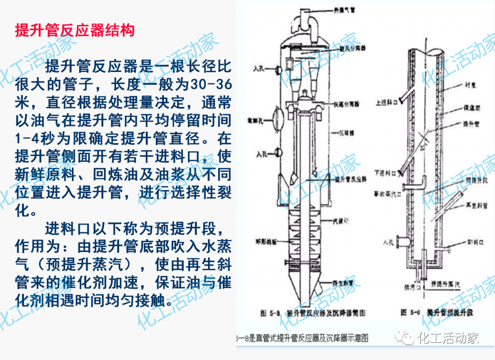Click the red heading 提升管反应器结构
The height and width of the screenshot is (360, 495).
(75, 31)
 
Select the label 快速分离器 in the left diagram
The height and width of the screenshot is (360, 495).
(347, 105)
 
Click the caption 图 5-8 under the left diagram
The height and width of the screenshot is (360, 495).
(269, 314)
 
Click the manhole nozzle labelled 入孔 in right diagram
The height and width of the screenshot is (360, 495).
(402, 241)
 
